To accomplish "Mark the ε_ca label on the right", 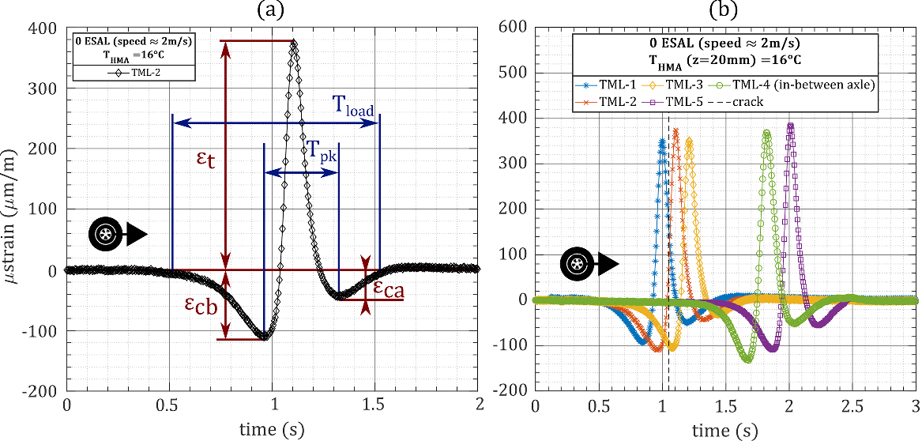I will tap(388, 290).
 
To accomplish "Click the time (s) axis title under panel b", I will tap(725, 430).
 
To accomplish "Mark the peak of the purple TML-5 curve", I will tap(790, 125).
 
